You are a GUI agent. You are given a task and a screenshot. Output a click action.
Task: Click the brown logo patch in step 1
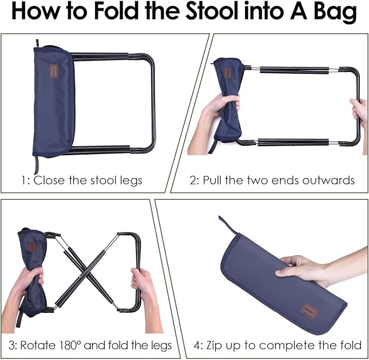(x=54, y=71)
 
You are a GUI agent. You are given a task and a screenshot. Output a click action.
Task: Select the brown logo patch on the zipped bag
(x=311, y=312)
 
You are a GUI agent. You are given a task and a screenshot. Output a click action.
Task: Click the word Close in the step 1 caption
(x=49, y=180)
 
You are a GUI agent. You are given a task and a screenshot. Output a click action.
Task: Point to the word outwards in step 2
(x=328, y=180)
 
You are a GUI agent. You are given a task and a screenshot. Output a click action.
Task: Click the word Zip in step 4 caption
(x=215, y=346)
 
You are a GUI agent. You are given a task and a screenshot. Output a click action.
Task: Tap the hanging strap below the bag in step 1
(x=36, y=164)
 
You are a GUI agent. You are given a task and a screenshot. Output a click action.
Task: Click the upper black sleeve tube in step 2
(x=294, y=70)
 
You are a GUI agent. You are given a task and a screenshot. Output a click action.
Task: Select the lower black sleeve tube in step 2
(x=293, y=142)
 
